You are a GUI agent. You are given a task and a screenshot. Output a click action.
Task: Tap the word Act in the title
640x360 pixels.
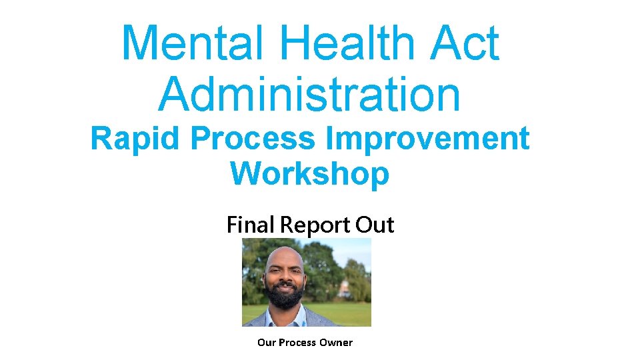465,43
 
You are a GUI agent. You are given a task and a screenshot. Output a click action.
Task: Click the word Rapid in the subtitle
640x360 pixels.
136,139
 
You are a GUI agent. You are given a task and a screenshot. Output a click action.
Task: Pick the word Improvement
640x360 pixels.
428,139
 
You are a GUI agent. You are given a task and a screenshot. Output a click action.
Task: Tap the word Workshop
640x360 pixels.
309,173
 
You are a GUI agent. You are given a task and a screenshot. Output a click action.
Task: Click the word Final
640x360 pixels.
251,225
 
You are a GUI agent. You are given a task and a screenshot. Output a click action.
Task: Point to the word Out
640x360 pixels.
375,225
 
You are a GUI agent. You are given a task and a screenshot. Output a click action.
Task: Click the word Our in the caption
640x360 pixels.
266,343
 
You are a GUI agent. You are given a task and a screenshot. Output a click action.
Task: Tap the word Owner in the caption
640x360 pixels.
336,343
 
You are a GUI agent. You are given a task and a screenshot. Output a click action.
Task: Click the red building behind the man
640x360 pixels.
345,289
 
